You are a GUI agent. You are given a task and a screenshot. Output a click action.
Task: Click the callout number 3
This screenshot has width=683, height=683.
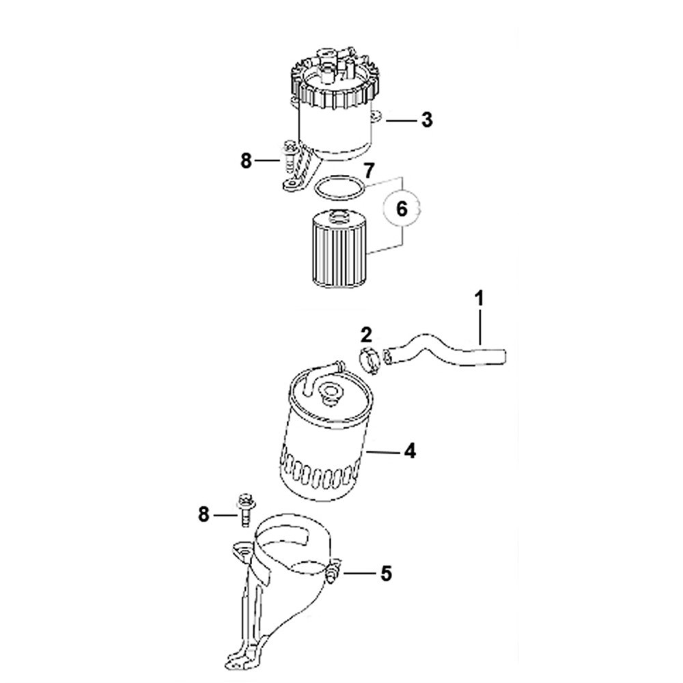pos(427,120)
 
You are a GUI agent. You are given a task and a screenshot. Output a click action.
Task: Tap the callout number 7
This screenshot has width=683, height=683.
pos(369,171)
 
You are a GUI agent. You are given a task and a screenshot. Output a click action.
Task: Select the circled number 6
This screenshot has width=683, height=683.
pos(402,210)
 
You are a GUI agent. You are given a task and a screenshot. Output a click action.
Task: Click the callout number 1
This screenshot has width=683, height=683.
pos(479,299)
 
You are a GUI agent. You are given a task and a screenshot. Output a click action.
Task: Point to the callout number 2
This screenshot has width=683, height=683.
pos(366,335)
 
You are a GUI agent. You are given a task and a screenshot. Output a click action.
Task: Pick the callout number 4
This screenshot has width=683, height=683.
pos(410,451)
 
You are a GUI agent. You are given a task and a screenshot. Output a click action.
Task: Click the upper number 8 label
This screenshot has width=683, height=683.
pos(246,161)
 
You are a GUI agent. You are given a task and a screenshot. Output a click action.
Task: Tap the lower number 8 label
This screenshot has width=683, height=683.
pos(204,515)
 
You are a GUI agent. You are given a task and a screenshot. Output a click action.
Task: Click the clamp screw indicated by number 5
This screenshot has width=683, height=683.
pos(333,572)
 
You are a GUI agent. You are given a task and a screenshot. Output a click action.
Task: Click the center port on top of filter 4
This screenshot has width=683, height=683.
pos(329,390)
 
